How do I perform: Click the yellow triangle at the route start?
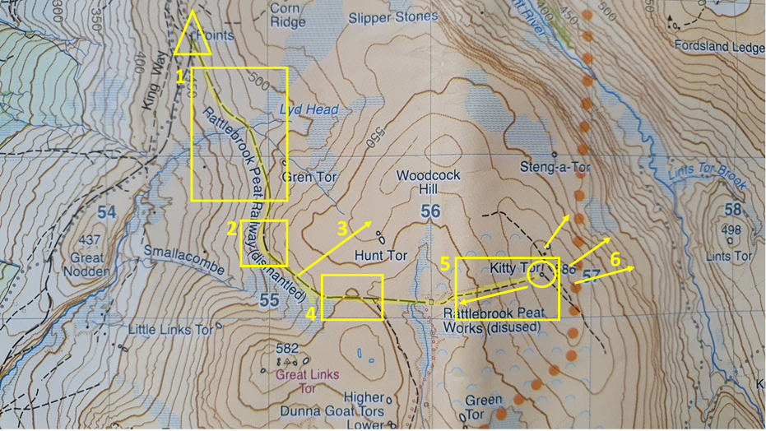coord(193,37)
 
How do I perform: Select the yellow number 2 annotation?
coord(233,228)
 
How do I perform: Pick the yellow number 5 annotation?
coord(445,265)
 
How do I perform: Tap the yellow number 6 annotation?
coord(615,260)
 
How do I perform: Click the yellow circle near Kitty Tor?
coord(541,273)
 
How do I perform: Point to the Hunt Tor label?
coord(381,256)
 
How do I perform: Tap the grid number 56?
coord(431,212)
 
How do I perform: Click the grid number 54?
coord(106,213)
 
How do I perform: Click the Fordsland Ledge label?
coord(719,47)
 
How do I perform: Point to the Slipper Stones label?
coord(392,16)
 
